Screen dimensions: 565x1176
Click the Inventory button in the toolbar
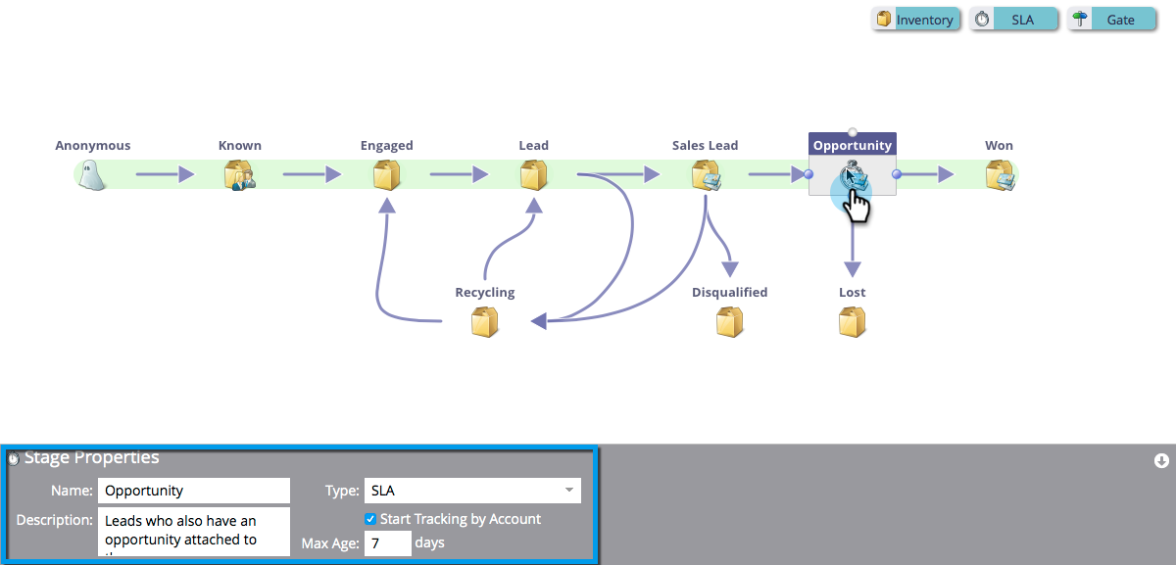pyautogui.click(x=915, y=20)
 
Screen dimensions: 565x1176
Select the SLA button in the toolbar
pyautogui.click(x=1014, y=20)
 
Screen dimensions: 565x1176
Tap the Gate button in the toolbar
pyautogui.click(x=1112, y=20)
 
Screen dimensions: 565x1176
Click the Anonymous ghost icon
pyautogui.click(x=92, y=175)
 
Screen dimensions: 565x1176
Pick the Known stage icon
pyautogui.click(x=239, y=175)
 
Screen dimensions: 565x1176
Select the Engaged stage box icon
pyautogui.click(x=387, y=175)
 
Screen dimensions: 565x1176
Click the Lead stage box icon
pyautogui.click(x=534, y=175)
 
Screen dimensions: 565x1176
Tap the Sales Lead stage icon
pyautogui.click(x=706, y=175)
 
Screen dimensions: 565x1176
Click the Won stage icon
pyautogui.click(x=1000, y=175)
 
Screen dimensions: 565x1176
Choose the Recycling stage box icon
pyautogui.click(x=485, y=322)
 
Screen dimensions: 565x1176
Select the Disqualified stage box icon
pyautogui.click(x=730, y=322)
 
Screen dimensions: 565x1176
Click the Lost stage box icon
pyautogui.click(x=853, y=322)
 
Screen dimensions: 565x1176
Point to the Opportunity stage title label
pyautogui.click(x=853, y=146)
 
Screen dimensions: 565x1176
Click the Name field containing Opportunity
pyautogui.click(x=194, y=491)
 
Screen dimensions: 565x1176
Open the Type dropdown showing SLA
pyautogui.click(x=471, y=491)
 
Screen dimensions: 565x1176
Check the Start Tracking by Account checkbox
pyautogui.click(x=370, y=519)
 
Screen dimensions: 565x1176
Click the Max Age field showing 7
pyautogui.click(x=387, y=543)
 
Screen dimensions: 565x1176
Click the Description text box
pyautogui.click(x=194, y=531)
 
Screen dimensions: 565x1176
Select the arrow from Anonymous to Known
pyautogui.click(x=165, y=175)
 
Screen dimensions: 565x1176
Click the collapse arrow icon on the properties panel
pyautogui.click(x=1161, y=460)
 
